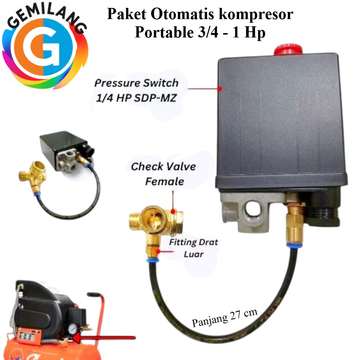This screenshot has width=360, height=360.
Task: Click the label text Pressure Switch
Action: pyautogui.click(x=136, y=83)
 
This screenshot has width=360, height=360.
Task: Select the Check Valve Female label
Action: pyautogui.click(x=163, y=174)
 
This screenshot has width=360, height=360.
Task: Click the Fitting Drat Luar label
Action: pyautogui.click(x=193, y=248)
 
